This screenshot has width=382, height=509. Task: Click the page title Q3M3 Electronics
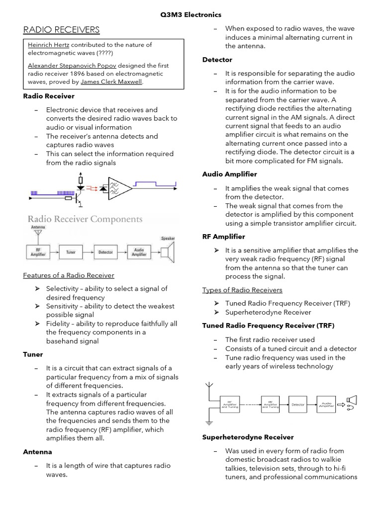pos(191,15)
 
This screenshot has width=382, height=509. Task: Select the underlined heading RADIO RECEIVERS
pos(62,30)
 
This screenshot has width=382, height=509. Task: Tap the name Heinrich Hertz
pos(48,44)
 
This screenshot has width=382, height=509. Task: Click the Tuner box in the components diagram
pos(71,252)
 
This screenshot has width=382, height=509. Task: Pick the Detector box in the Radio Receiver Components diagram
pos(105,252)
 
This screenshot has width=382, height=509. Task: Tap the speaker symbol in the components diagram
pos(168,252)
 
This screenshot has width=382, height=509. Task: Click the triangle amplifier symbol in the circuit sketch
pos(119,188)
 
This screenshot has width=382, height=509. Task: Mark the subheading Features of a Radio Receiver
pos(69,275)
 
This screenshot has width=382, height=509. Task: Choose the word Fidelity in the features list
pos(59,324)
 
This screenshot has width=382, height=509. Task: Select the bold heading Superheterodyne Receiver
pos(248,437)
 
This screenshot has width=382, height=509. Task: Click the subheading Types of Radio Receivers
pos(242,290)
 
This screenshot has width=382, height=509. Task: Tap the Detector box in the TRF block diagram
pos(298,405)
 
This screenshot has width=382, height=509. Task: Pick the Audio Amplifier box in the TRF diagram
pos(326,405)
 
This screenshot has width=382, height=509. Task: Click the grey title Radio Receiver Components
pos(85,219)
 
